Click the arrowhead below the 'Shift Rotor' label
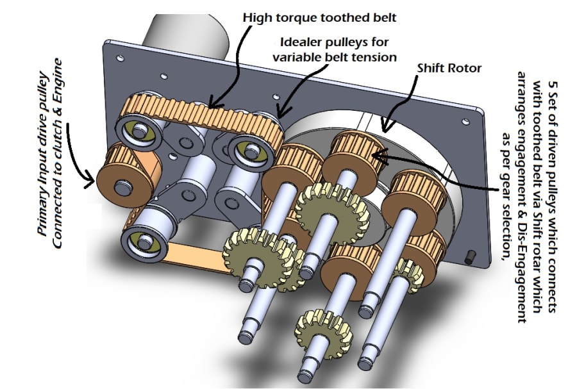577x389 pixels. pos(383,126)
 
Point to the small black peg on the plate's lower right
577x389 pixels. pos(470,256)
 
